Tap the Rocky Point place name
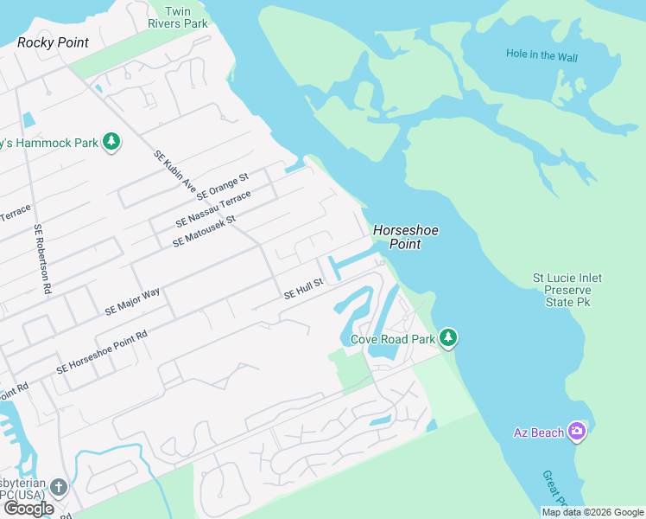coord(53,42)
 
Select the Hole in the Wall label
coord(542,55)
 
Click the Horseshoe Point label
coord(397,237)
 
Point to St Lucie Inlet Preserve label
coord(567,291)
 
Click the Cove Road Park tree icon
coord(447,338)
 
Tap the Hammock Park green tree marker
coord(111,142)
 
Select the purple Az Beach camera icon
coord(577,432)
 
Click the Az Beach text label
coord(538,432)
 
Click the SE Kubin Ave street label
coord(175,171)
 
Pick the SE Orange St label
coord(222,185)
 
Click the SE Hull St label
coord(303,289)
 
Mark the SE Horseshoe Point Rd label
coord(102,351)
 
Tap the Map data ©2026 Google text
coord(592,512)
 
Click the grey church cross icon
coord(58,487)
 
